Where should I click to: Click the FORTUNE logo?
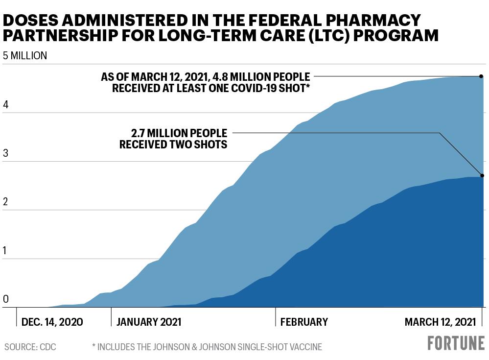coord(456,343)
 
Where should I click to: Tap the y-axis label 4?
coord(5,104)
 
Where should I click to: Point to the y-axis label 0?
coord(5,299)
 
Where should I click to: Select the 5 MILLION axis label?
coord(25,55)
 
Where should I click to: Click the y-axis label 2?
coord(5,202)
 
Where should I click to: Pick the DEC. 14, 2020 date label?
coord(52,322)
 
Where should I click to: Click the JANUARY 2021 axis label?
coord(149,322)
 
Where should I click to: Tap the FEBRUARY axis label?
coord(304,322)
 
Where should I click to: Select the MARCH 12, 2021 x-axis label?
coord(441,322)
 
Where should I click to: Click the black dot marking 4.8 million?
coord(481,76)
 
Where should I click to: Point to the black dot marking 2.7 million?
coord(482,176)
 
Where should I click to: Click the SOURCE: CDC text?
coord(30,347)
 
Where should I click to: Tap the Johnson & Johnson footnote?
coord(207,347)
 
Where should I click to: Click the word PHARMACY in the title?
coord(373,20)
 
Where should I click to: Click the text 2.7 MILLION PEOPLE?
coord(179,133)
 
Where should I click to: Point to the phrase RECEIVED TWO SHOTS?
coord(173,144)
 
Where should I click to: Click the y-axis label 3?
coord(5,153)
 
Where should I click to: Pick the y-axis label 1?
coord(5,250)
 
